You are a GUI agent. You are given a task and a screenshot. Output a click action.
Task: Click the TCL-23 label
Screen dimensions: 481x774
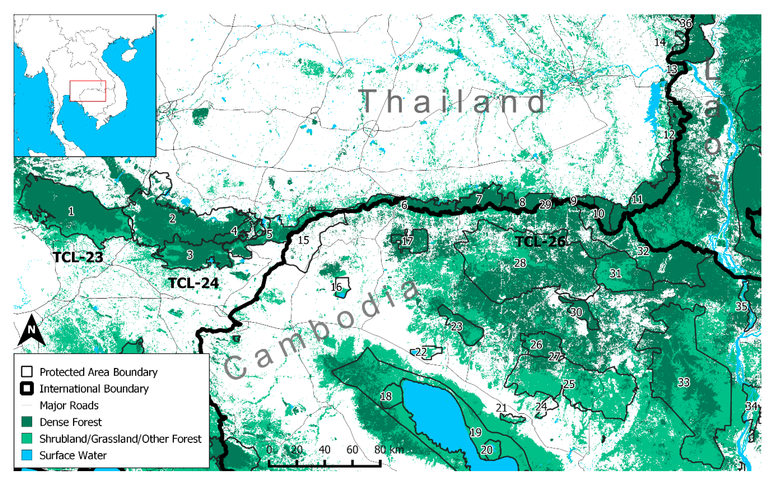click(78, 257)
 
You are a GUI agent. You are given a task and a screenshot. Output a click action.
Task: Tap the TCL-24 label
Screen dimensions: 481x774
click(193, 283)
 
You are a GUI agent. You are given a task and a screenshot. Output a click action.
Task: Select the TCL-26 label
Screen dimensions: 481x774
click(540, 242)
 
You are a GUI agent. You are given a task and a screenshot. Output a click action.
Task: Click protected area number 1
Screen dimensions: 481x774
click(71, 211)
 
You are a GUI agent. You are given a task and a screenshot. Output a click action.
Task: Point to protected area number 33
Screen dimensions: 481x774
click(684, 382)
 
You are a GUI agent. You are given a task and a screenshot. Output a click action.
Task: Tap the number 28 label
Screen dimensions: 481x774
click(520, 263)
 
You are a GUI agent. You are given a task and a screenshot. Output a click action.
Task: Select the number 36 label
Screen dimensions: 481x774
click(686, 23)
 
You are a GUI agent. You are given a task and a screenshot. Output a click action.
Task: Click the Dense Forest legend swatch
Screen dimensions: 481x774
click(27, 422)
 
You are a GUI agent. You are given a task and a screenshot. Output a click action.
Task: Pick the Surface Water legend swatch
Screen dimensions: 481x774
click(27, 455)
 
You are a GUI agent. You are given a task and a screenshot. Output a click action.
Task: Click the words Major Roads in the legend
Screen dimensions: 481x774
click(69, 405)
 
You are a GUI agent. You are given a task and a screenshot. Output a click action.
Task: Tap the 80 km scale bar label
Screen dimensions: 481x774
click(389, 450)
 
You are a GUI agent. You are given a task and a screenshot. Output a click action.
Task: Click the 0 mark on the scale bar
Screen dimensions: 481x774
click(269, 450)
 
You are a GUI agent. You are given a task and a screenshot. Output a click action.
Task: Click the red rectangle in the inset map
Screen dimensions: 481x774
click(88, 91)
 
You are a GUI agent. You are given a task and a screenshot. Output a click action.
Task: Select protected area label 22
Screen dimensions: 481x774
click(421, 351)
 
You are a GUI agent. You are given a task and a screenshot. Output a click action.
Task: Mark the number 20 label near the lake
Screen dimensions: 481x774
click(486, 450)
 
